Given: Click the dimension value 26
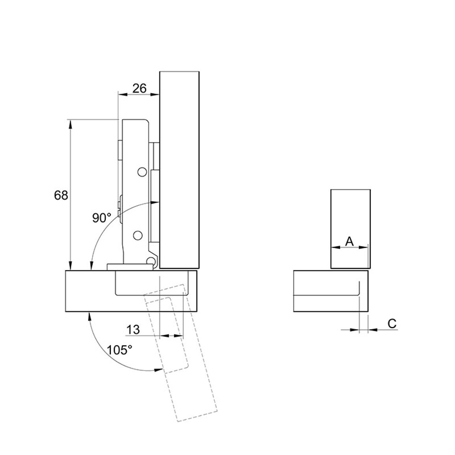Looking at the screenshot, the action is click(140, 88).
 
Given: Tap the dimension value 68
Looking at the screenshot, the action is click(61, 195).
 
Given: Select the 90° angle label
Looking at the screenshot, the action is click(102, 218).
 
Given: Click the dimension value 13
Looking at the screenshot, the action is click(133, 330).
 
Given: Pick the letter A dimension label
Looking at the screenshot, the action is click(350, 241).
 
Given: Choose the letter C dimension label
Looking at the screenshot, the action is click(392, 324).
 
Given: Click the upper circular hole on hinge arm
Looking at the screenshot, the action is click(142, 172).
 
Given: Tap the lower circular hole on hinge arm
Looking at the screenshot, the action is click(138, 235).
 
